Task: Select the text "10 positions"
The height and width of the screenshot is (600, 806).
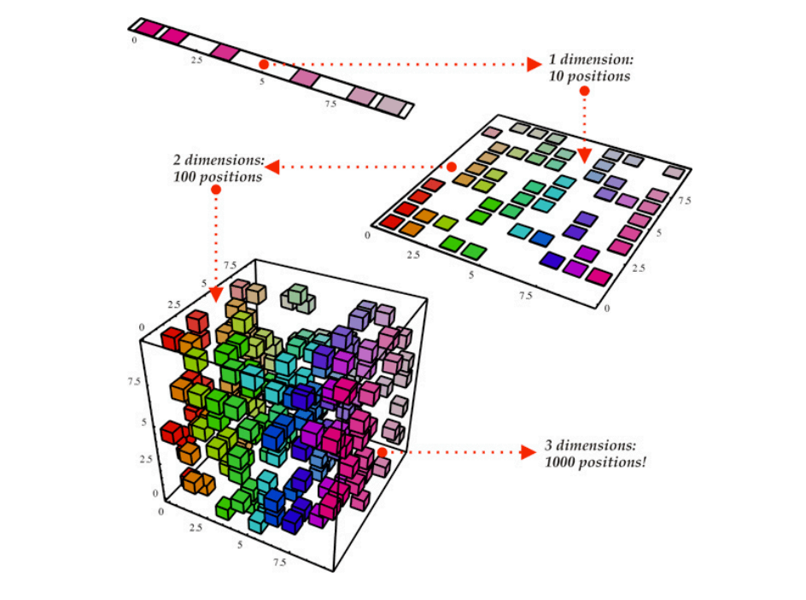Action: [x=590, y=76]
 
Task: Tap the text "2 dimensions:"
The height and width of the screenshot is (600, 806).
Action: [x=219, y=161]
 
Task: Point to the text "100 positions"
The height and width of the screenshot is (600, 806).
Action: [x=216, y=177]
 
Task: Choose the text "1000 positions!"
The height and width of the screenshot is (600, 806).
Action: [x=595, y=462]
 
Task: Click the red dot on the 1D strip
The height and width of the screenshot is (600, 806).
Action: [x=264, y=64]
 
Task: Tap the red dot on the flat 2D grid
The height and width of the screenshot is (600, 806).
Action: [x=452, y=167]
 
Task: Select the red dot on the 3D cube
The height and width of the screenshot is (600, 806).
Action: [x=383, y=450]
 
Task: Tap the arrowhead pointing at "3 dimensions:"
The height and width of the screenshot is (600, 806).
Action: [x=529, y=451]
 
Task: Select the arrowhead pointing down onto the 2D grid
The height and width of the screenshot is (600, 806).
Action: [x=584, y=156]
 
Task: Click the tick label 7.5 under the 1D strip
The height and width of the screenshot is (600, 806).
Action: [x=330, y=103]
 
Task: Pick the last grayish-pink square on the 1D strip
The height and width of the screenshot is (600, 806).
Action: [x=392, y=106]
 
